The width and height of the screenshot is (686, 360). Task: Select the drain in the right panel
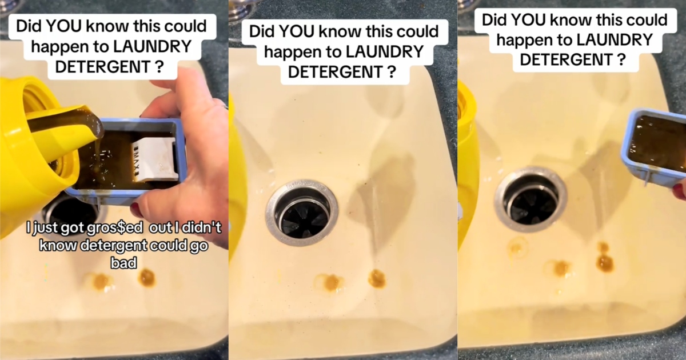530,198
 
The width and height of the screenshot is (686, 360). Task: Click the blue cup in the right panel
655,147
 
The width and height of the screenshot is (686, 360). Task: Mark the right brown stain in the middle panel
377,278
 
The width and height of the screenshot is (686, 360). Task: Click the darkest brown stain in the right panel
605,262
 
